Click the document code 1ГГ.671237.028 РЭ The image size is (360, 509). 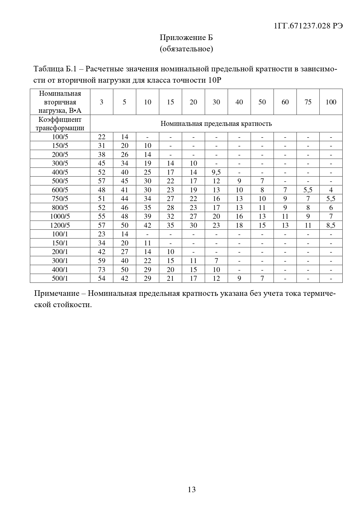308,26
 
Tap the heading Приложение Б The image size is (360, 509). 186,37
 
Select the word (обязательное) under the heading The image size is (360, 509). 186,49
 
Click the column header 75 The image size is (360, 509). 308,102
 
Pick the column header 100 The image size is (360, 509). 331,102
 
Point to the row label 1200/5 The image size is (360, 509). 60,225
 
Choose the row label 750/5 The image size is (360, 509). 60,199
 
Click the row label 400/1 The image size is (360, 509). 60,269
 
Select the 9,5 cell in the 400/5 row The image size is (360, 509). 216,172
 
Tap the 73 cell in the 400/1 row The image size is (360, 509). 102,269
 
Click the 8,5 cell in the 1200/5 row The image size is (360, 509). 331,225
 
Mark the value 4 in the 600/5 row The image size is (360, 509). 331,190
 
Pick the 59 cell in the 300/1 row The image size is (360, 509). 102,260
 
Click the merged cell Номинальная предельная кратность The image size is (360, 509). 216,124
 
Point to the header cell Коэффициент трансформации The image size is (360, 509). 60,124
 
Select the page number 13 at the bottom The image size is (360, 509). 192,490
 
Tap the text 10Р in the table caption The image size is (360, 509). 215,80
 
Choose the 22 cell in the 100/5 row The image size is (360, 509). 102,137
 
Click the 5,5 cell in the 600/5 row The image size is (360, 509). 308,190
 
